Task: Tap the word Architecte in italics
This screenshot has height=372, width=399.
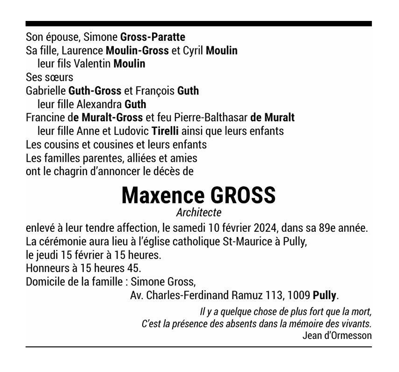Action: (x=198, y=213)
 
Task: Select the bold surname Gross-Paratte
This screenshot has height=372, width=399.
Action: (x=153, y=37)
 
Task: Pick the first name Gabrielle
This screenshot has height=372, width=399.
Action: (x=44, y=91)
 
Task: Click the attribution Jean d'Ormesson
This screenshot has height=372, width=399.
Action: (x=337, y=336)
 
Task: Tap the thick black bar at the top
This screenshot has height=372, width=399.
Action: (x=198, y=24)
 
